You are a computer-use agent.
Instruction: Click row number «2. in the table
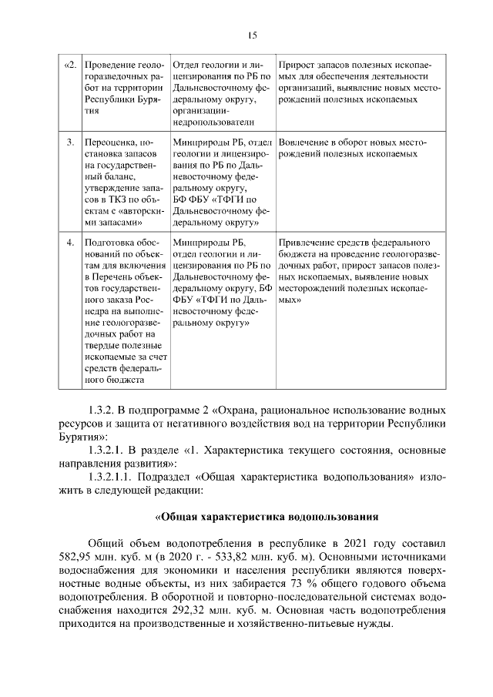pos(69,65)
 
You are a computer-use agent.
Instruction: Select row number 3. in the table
pos(71,142)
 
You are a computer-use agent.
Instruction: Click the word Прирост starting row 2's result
pos(296,65)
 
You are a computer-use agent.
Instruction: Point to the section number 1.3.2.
pos(105,407)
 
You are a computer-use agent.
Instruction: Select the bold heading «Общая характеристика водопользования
pos(267,516)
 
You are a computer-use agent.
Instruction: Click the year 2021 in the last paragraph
pos(330,541)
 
